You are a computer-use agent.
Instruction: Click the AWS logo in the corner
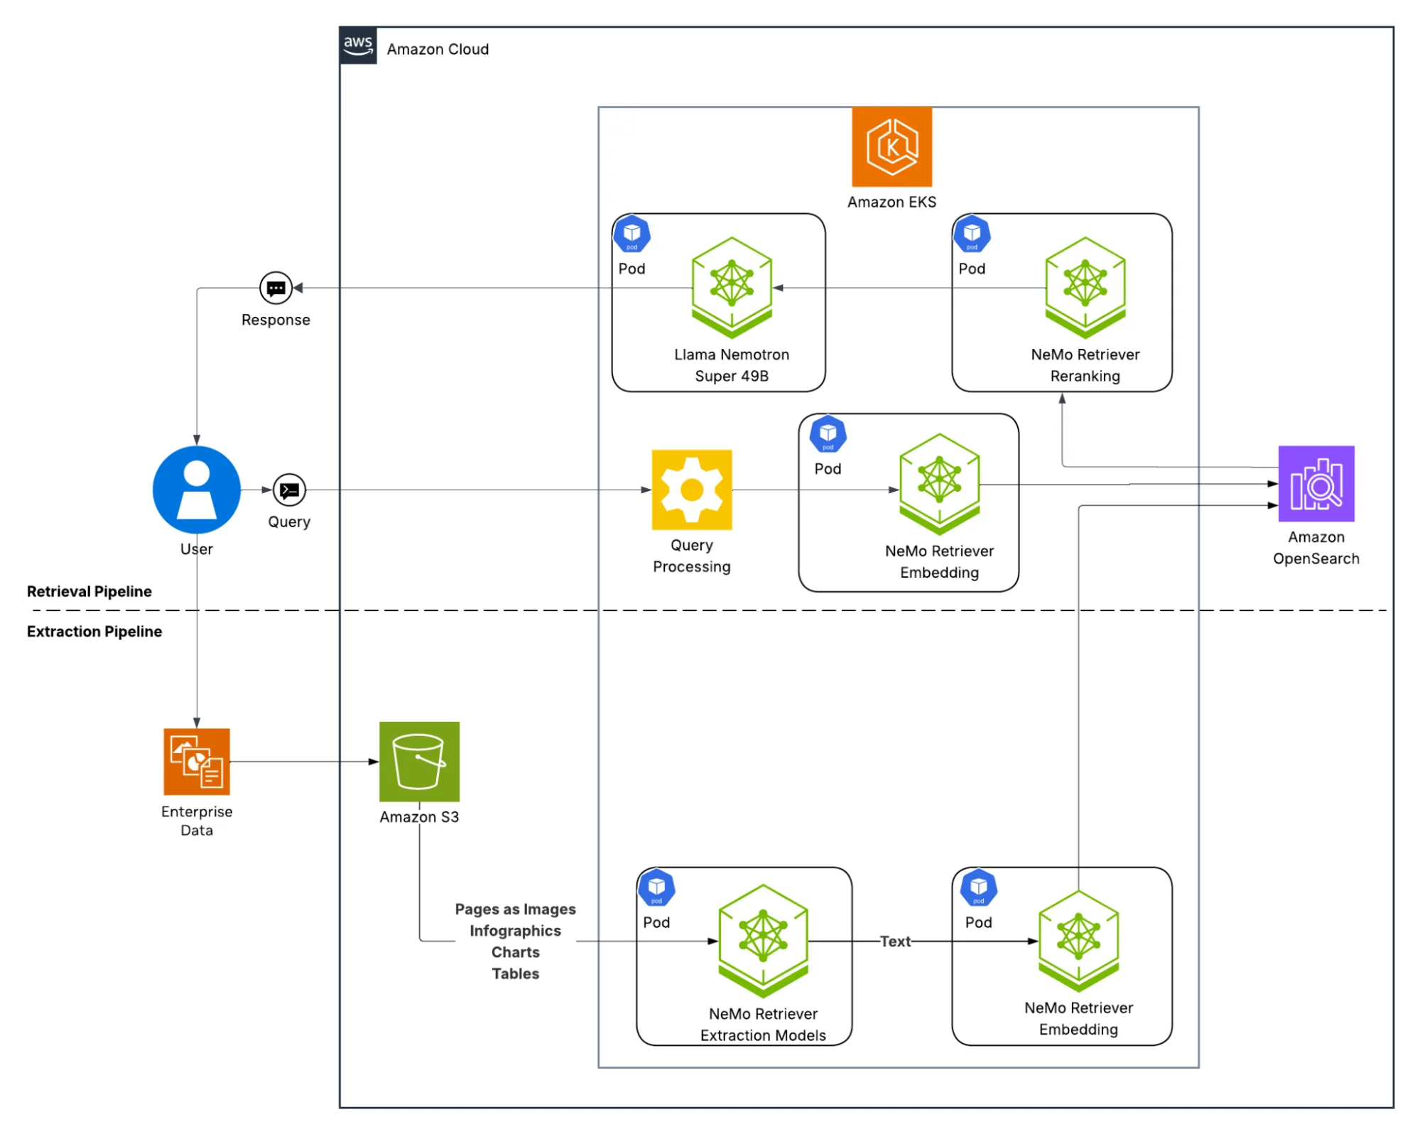click(x=358, y=45)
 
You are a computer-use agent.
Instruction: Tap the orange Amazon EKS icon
click(x=891, y=147)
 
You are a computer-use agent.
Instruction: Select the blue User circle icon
click(x=197, y=490)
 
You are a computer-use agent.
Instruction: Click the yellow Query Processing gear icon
click(x=691, y=490)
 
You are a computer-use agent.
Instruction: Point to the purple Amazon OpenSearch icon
click(x=1316, y=484)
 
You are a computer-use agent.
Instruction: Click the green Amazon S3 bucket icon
click(x=419, y=762)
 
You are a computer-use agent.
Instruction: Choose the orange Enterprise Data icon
click(x=197, y=761)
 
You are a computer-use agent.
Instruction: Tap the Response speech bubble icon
click(x=276, y=288)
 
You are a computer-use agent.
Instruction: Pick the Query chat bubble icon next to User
click(x=289, y=490)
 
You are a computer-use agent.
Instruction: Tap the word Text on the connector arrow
click(x=894, y=941)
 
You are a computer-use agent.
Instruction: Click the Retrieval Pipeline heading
click(x=90, y=591)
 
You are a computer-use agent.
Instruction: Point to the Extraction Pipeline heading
click(x=94, y=632)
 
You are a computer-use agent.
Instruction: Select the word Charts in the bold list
click(x=515, y=952)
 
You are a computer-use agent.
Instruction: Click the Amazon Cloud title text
click(x=438, y=49)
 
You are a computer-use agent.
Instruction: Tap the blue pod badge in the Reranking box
click(x=972, y=234)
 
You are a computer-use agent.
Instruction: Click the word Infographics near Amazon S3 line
click(x=515, y=931)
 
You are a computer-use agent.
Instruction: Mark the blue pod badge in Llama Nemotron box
click(x=632, y=234)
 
